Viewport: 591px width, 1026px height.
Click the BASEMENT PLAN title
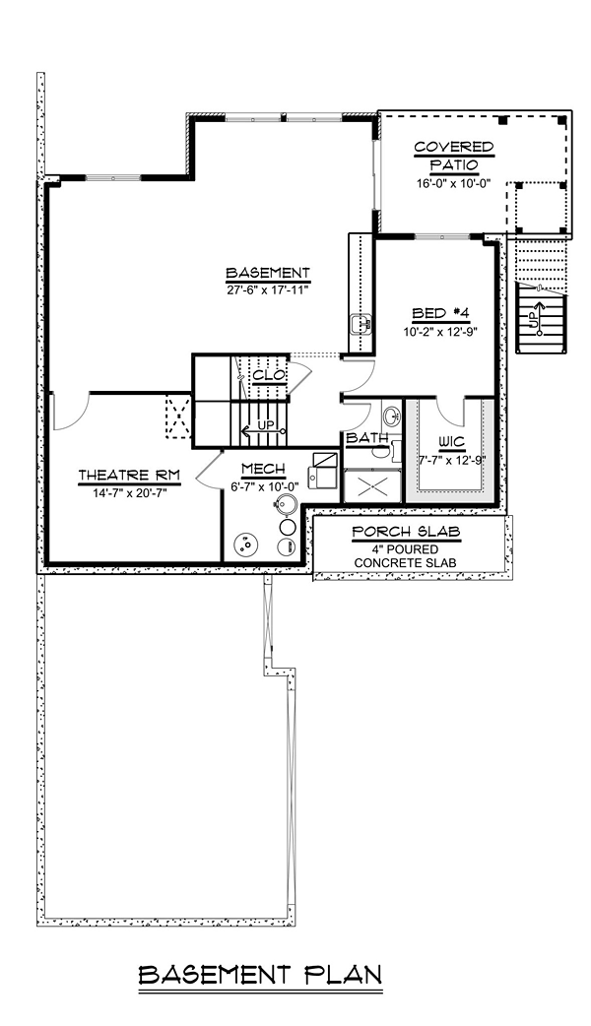pos(260,975)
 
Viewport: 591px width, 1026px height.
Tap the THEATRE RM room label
pos(129,475)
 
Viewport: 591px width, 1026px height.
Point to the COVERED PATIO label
pos(453,156)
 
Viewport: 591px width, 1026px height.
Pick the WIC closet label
pos(451,443)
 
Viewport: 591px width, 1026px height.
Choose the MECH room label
pos(263,469)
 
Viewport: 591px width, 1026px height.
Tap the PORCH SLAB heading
pos(406,532)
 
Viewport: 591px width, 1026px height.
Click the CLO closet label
pos(268,375)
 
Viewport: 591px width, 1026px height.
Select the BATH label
pos(367,437)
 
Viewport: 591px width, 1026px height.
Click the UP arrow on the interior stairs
pos(263,430)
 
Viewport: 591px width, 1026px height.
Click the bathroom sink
pos(392,415)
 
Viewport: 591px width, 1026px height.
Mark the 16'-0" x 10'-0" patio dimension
pos(453,184)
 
